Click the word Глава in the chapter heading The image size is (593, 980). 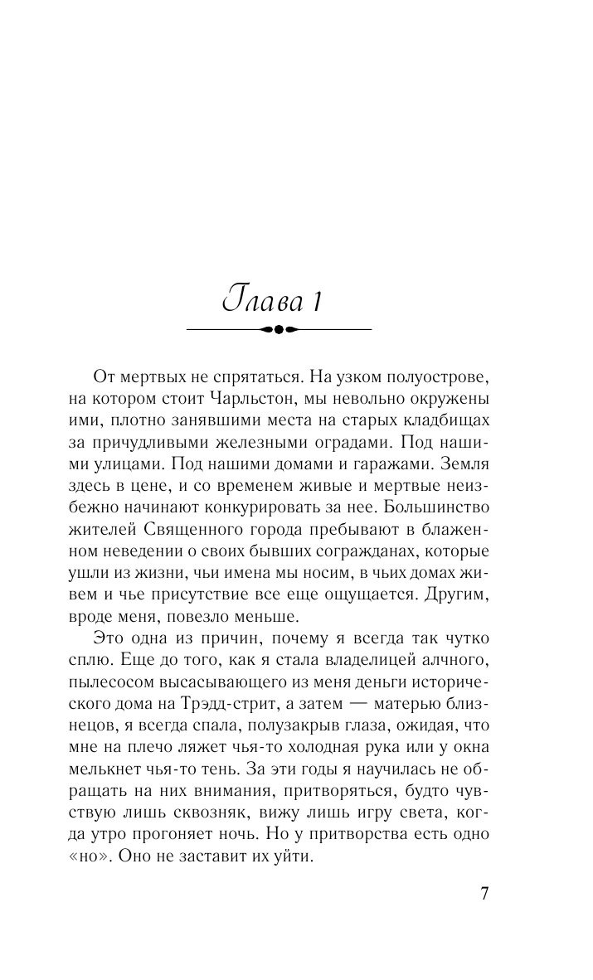coord(260,300)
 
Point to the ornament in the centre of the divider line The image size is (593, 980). coord(279,329)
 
